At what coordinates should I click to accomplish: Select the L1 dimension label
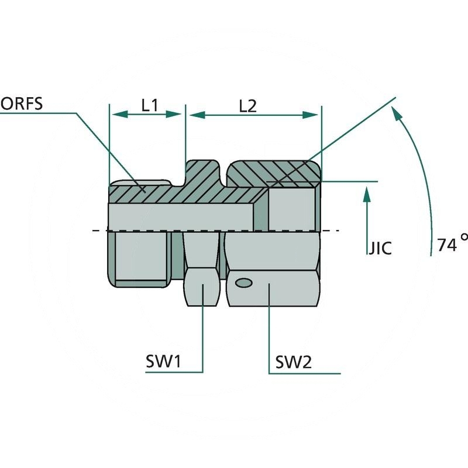(x=150, y=105)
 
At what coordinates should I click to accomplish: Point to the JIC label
(x=380, y=247)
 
